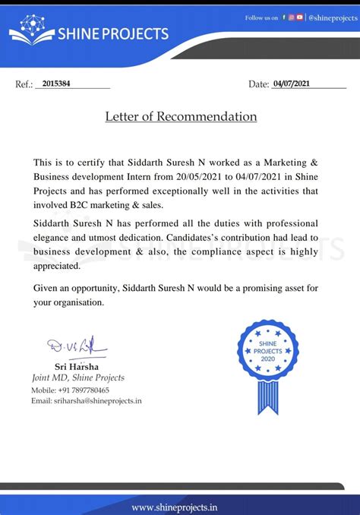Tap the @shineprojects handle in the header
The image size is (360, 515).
(331, 17)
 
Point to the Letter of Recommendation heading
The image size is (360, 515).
(181, 117)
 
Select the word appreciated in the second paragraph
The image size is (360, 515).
(57, 266)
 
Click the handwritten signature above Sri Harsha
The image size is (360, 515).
(72, 348)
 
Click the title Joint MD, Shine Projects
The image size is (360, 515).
(77, 378)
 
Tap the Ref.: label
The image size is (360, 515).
(24, 84)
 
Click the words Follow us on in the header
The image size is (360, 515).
(261, 17)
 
